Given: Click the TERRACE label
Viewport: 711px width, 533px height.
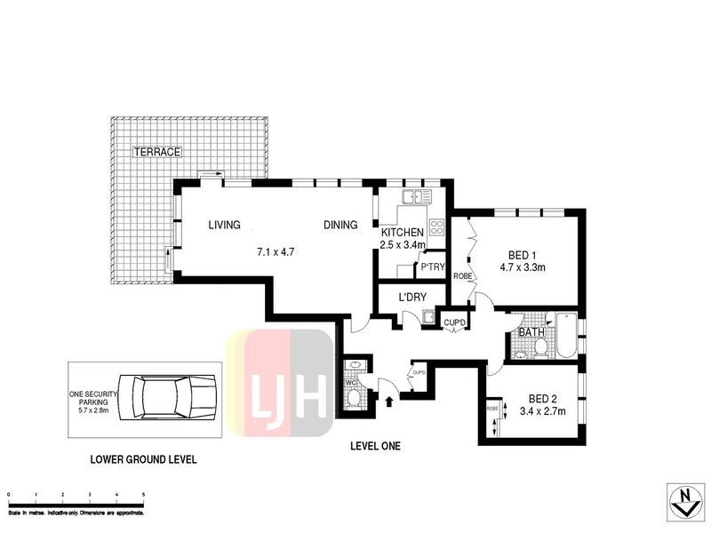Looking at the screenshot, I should pyautogui.click(x=156, y=152).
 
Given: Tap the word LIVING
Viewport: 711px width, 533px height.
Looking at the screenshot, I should pyautogui.click(x=225, y=226).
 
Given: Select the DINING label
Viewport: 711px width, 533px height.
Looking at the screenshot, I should pyautogui.click(x=340, y=226).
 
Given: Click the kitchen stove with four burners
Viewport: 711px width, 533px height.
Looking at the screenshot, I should pyautogui.click(x=436, y=226).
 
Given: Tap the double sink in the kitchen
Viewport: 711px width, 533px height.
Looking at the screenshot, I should pyautogui.click(x=416, y=195).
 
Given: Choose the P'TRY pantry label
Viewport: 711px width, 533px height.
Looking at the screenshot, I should pyautogui.click(x=432, y=267).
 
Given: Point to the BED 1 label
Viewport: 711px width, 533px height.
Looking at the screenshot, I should pyautogui.click(x=521, y=251).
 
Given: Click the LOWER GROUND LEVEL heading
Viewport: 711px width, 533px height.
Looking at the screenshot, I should pyautogui.click(x=143, y=460).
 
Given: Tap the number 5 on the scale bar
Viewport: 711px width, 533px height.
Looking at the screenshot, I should pyautogui.click(x=144, y=494).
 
